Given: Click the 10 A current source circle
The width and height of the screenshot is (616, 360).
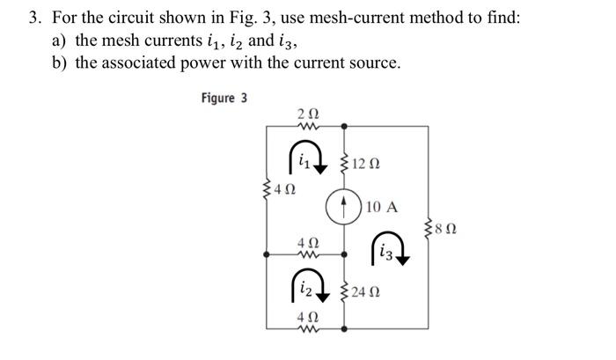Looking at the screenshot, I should coord(343,208).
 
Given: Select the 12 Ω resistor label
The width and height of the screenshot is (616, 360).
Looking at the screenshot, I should coord(363,163).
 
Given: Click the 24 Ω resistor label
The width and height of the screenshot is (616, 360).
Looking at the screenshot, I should coord(365,291).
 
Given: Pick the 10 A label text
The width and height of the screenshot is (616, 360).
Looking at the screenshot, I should coord(381,209).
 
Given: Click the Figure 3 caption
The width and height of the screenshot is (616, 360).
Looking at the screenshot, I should coord(224,98).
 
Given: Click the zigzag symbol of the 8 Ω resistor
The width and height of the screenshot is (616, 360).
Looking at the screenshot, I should coord(429,231).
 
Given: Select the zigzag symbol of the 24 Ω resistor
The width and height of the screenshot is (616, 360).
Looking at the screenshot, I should coord(343,291).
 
